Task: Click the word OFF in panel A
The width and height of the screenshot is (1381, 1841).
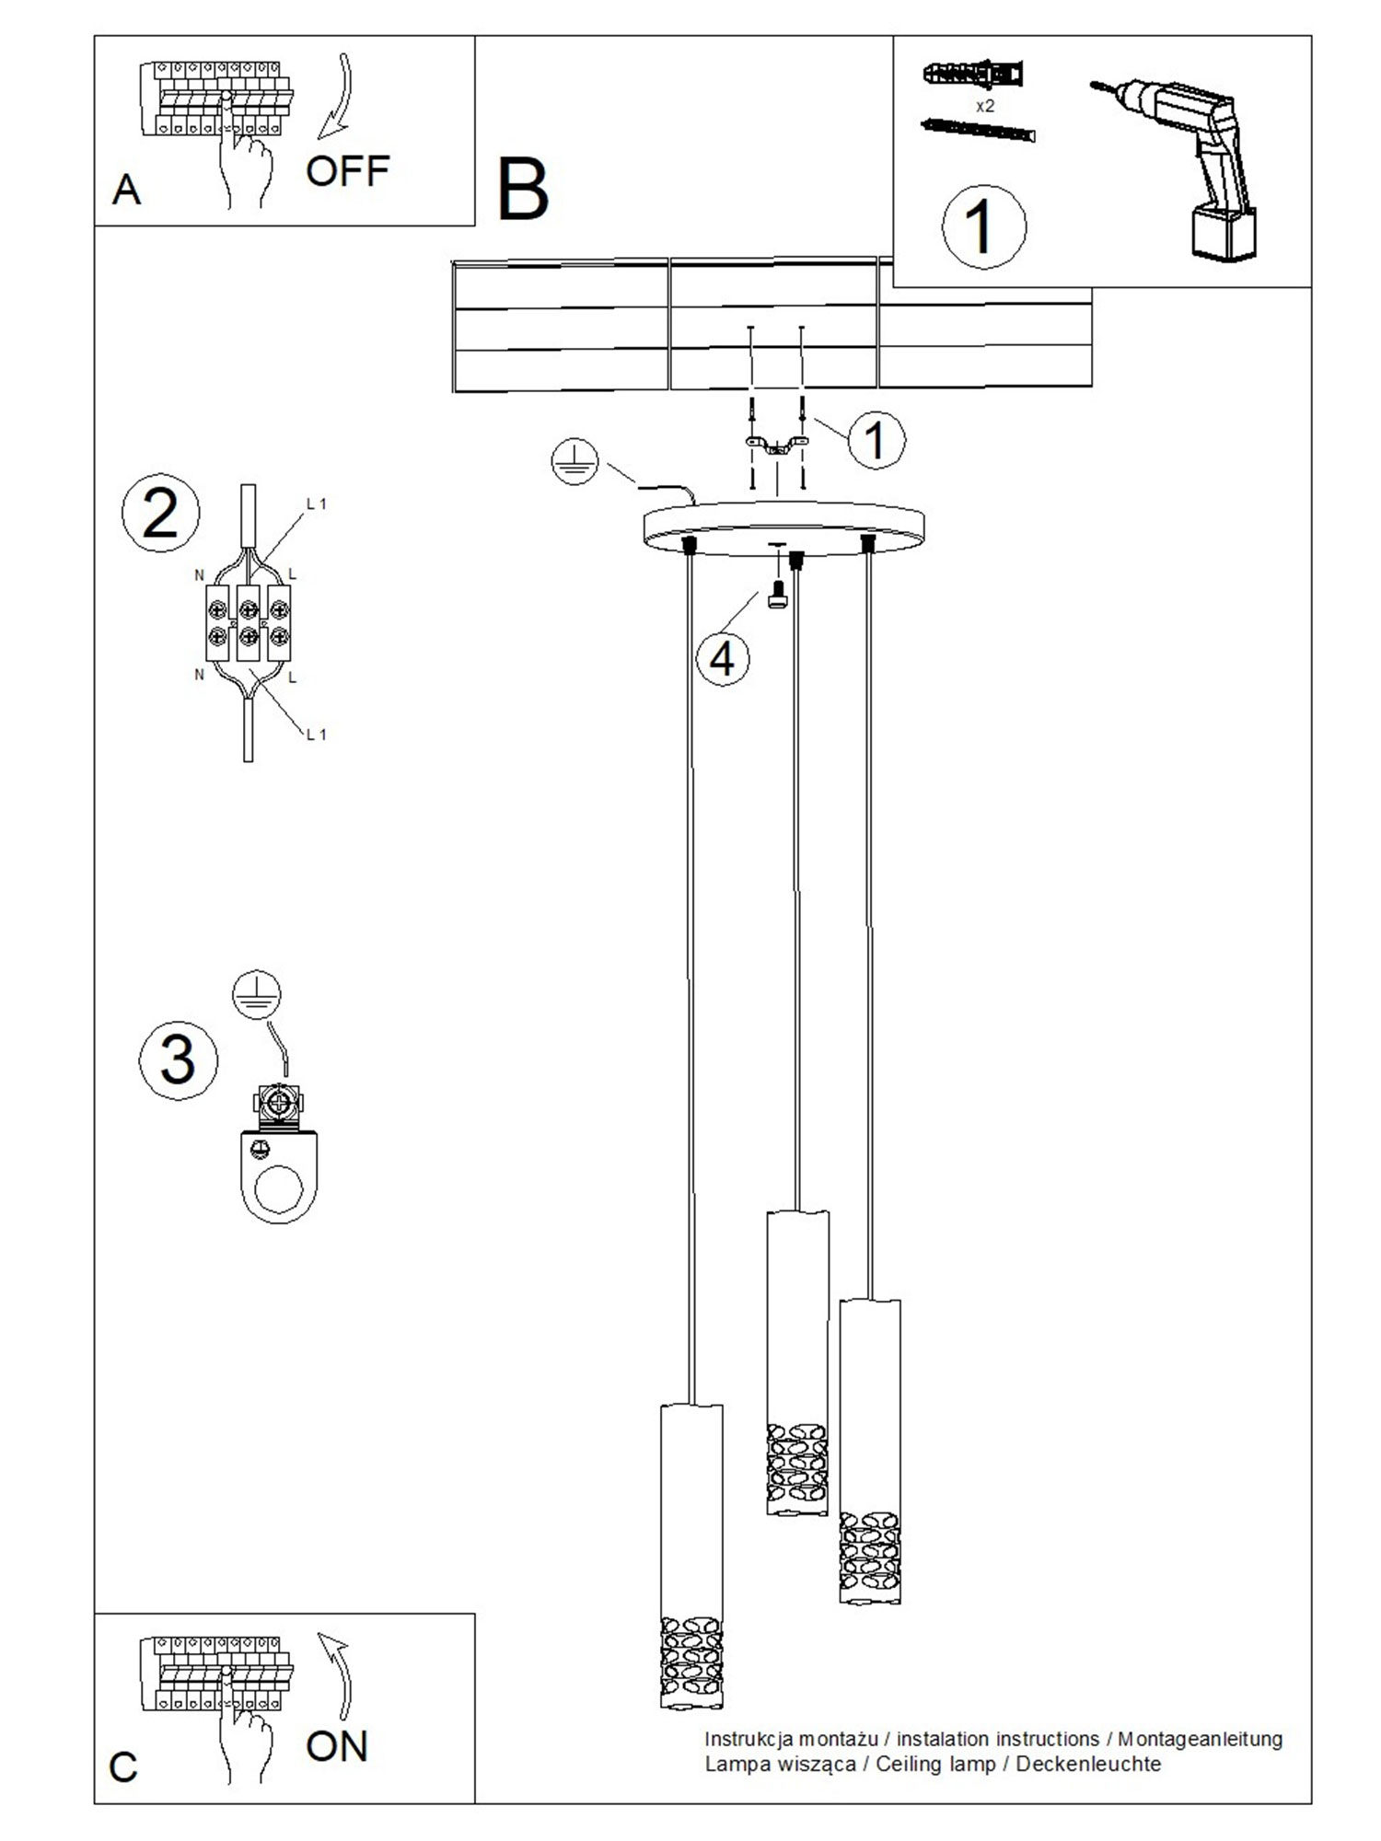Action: (347, 171)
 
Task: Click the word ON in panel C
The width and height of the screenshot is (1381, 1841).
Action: (336, 1746)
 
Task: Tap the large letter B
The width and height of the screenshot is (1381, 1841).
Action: (522, 190)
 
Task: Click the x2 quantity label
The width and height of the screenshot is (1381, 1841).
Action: (984, 106)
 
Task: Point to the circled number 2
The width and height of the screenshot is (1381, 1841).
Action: (160, 514)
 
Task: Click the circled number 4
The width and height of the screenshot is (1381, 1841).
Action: (722, 659)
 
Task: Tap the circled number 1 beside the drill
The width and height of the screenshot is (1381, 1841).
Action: (982, 226)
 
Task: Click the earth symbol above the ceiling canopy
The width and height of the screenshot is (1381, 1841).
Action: (574, 463)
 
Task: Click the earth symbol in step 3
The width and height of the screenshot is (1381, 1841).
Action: (256, 994)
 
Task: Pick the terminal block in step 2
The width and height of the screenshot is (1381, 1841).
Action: (248, 621)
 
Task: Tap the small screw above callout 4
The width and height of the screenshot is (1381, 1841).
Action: (776, 596)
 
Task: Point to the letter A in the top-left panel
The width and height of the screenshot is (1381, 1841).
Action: (126, 191)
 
